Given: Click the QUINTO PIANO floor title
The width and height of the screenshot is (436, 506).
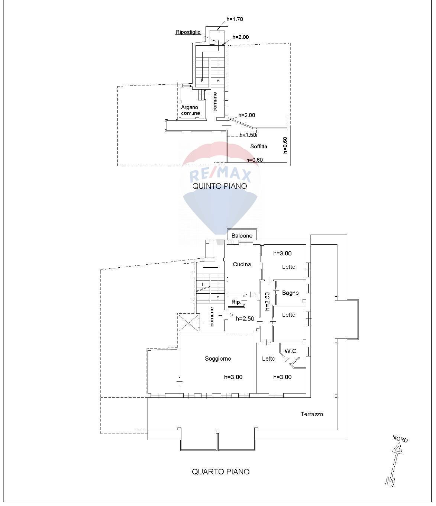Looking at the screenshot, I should coord(219,186).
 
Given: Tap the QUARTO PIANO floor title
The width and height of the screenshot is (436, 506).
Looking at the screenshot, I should coord(220,471).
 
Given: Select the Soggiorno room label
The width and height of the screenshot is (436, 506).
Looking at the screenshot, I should coord(218,358).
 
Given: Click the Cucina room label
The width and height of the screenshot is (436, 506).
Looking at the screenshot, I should coord(242,264).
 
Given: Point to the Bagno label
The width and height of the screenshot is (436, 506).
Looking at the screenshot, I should coord(290,293).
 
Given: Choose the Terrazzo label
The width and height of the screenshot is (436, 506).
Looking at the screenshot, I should coord(311,414).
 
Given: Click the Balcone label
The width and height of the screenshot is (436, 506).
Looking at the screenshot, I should coord(242,236).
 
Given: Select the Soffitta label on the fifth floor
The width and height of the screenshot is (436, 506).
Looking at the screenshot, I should coord(259,146).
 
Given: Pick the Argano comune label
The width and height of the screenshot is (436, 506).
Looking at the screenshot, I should coord(190,110).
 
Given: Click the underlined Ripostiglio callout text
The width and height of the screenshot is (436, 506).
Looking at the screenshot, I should coord(188,32).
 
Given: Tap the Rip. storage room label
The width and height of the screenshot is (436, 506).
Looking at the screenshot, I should coord(236,302).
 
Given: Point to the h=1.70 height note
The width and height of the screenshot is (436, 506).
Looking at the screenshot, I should coord(235,19).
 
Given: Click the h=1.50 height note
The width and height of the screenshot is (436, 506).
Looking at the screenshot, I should coord(248,135).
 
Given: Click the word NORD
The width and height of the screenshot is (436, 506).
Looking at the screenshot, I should coord(400,439).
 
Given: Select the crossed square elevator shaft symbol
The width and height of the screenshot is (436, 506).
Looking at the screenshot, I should coord(188,322).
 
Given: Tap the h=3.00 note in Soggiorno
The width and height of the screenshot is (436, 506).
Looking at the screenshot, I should coord(233,377).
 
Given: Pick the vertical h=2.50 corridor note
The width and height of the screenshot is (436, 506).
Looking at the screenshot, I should coord(267,301).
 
